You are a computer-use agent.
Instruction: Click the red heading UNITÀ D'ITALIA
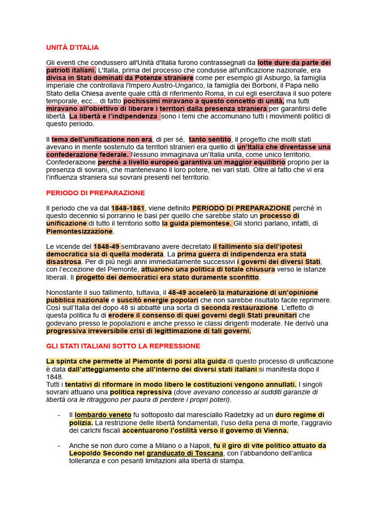[72, 47]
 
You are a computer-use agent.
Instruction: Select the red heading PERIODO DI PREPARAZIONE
[95, 192]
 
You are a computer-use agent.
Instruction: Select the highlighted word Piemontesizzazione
[80, 231]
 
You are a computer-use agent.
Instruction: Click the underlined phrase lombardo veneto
[103, 414]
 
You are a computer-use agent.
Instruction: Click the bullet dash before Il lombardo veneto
[59, 414]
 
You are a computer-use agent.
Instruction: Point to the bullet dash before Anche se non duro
[59, 445]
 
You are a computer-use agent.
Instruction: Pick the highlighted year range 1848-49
[106, 246]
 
